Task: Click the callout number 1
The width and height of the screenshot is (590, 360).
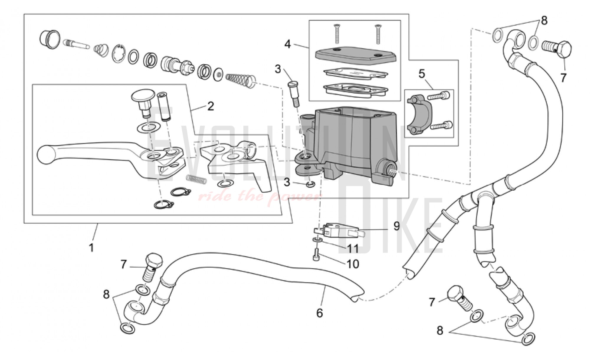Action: [x=91, y=247]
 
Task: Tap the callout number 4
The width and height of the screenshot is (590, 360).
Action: [x=288, y=44]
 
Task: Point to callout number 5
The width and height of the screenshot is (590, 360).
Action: [x=422, y=74]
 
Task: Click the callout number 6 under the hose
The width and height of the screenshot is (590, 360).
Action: [x=320, y=313]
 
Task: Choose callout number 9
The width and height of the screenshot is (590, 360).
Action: [x=396, y=226]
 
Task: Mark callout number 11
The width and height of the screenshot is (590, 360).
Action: [x=352, y=248]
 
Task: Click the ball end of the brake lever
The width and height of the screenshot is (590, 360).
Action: [x=46, y=154]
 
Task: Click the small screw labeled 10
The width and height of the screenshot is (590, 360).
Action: [x=316, y=253]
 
